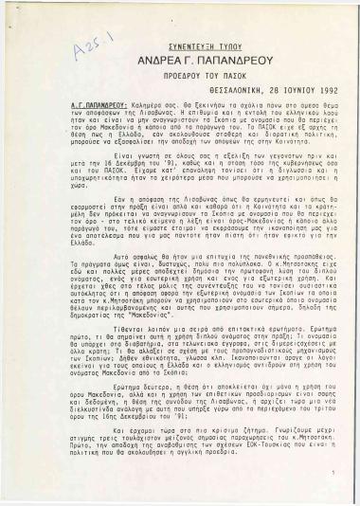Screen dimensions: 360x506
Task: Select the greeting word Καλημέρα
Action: pyautogui.click(x=156, y=121)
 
